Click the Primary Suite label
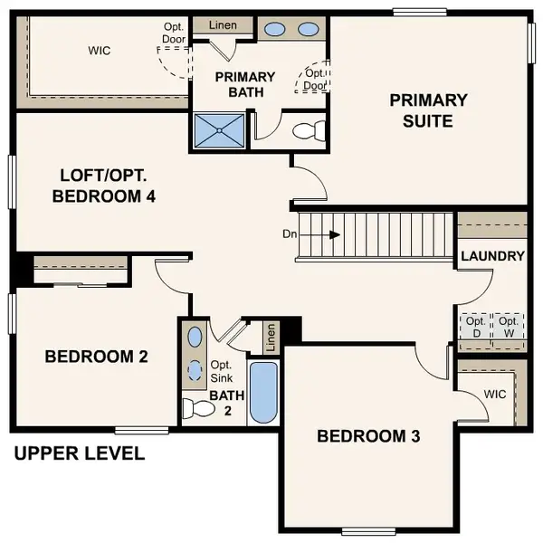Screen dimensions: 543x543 [428, 110]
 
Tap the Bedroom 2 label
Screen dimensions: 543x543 [96, 357]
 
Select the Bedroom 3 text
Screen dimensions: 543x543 [368, 436]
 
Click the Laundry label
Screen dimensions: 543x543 [492, 256]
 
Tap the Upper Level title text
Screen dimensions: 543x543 [79, 453]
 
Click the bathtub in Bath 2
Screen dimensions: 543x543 [263, 393]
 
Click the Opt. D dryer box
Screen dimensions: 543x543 [474, 327]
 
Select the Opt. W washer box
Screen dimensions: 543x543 [509, 327]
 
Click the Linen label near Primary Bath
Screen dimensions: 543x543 [223, 24]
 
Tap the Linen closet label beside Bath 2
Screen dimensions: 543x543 [270, 338]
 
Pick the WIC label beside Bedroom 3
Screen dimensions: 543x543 [494, 395]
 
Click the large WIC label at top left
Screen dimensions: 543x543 [99, 51]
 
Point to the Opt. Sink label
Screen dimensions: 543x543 [222, 371]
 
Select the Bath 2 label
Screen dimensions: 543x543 [223, 403]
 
